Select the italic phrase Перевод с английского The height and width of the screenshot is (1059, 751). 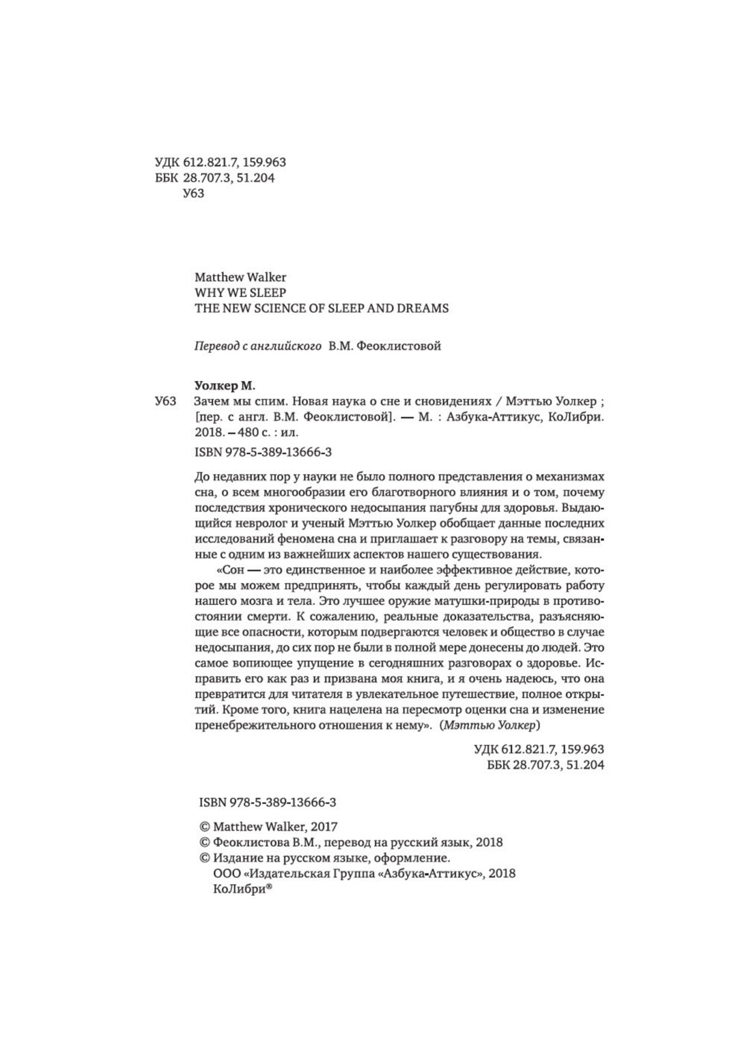(258, 346)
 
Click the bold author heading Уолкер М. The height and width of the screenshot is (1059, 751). (224, 386)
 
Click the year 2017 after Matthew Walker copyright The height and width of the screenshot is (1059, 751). (324, 827)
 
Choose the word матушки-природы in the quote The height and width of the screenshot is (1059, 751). (481, 601)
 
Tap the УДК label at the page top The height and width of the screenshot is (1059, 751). (167, 163)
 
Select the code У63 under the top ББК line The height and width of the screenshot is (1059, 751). (194, 194)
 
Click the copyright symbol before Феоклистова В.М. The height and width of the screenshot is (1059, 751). (202, 843)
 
